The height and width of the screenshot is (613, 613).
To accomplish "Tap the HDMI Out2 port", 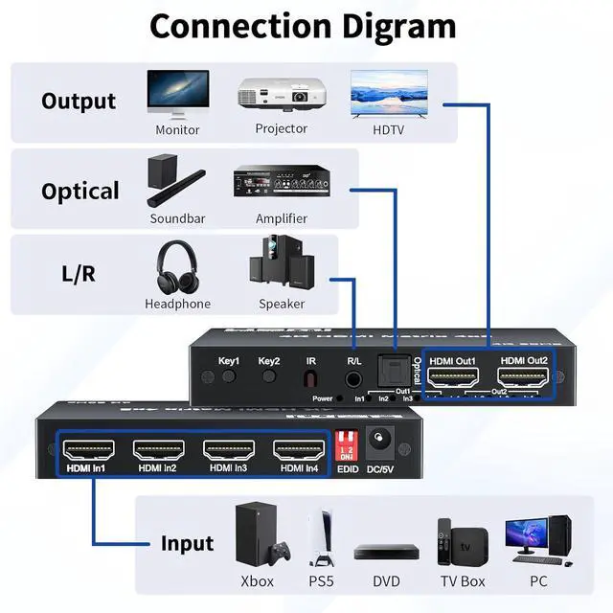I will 521,376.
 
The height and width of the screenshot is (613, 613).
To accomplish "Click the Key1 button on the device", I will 229,376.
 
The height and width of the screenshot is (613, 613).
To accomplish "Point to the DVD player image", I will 386,552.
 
